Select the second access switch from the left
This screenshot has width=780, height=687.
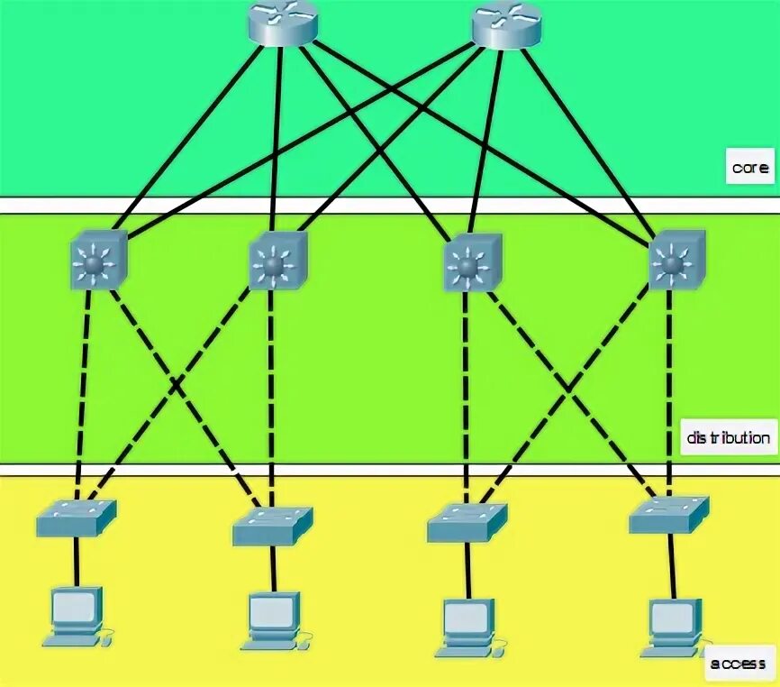272,525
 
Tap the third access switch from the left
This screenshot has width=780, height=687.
467,521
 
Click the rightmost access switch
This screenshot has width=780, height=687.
669,516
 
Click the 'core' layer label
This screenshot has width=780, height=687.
749,168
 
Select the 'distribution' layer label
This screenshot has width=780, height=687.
728,438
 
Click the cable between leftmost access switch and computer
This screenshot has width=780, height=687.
77,559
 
